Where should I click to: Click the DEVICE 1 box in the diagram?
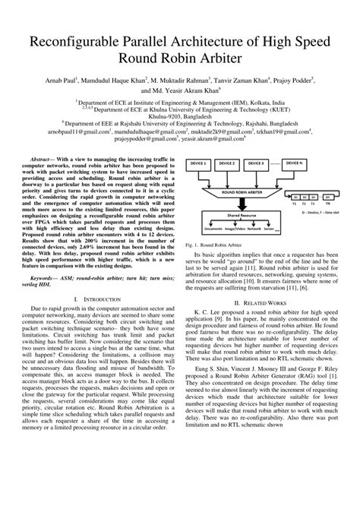[x=202, y=163]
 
